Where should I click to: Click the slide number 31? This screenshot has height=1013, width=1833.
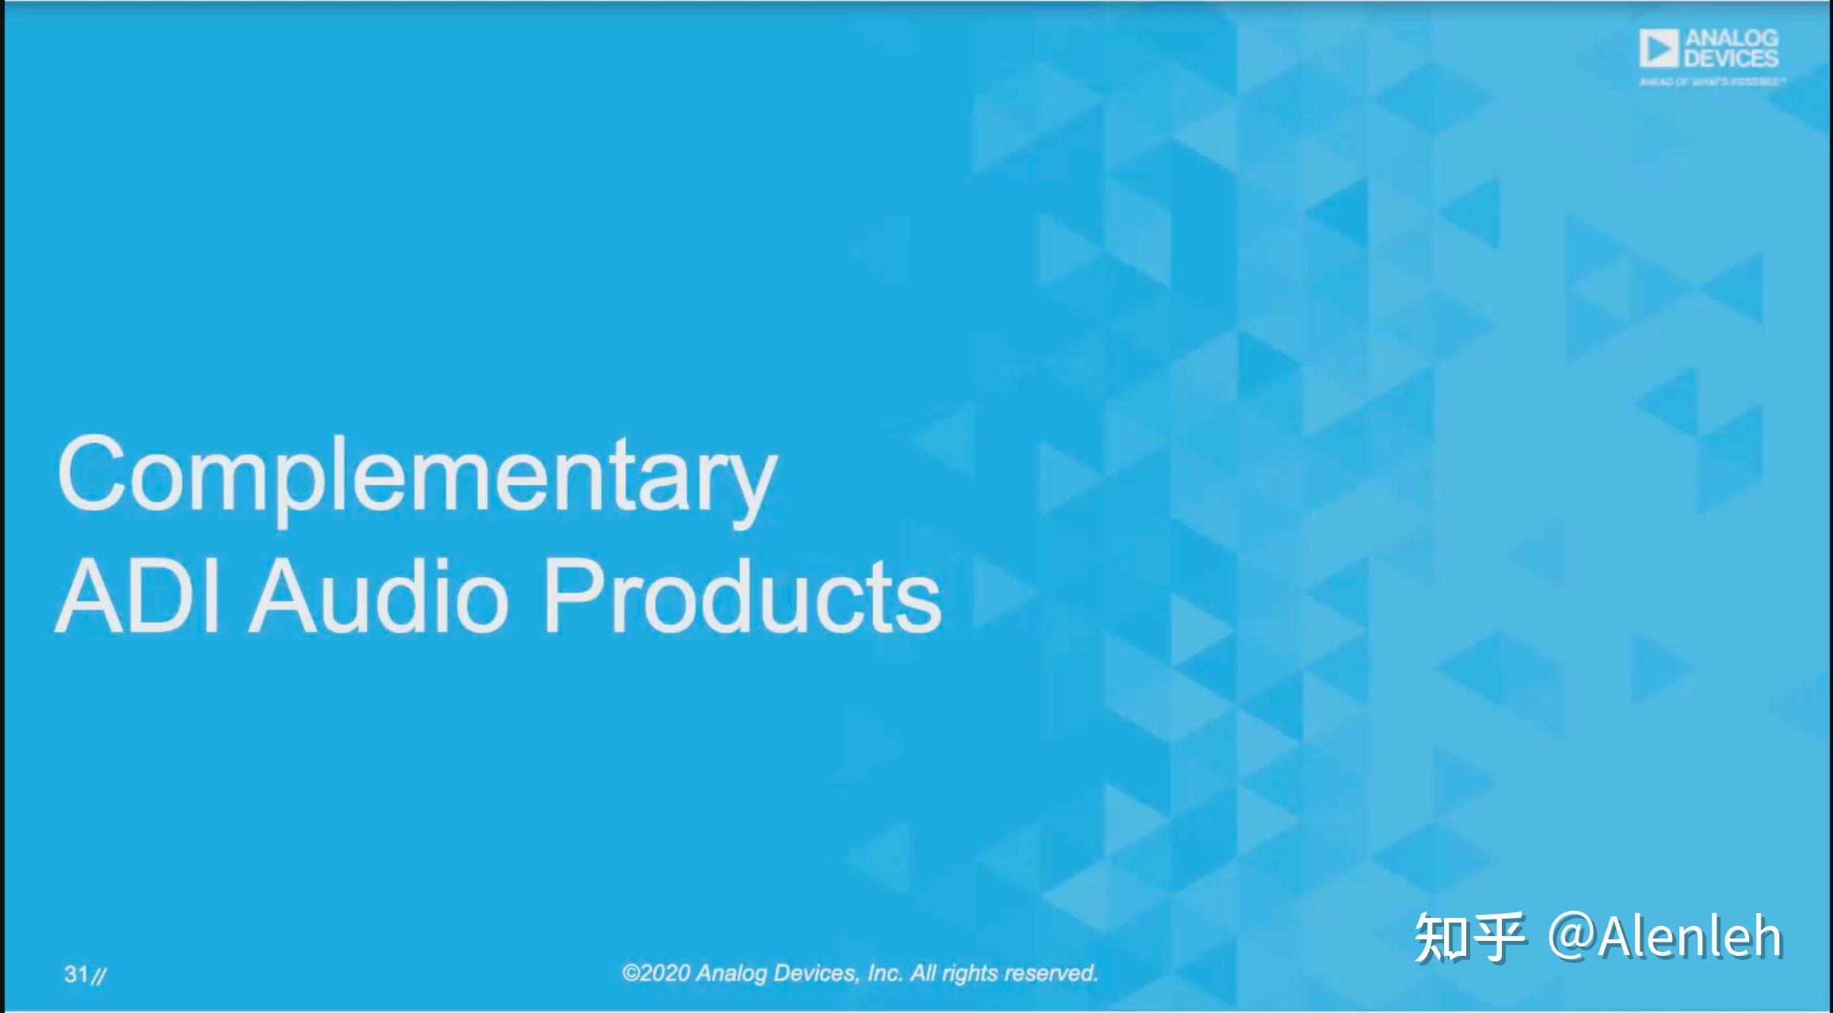pos(76,974)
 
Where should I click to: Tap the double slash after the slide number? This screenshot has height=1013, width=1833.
pos(98,976)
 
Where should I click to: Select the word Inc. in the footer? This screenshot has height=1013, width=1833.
pos(885,973)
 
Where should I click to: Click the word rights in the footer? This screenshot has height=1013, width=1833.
pos(968,973)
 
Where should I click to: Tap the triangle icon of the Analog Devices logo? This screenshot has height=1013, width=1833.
pos(1659,49)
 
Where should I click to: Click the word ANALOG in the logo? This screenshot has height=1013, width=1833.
pos(1731,38)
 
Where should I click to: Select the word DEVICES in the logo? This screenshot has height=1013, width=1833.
pos(1731,59)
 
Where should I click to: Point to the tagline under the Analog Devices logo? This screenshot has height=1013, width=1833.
pos(1712,82)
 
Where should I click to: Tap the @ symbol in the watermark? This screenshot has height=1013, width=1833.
pos(1572,937)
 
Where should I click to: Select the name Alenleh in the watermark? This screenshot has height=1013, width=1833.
pos(1690,937)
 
